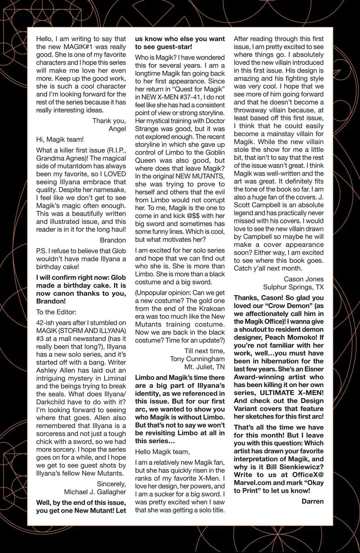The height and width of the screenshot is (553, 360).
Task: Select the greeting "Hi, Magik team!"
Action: point(60,140)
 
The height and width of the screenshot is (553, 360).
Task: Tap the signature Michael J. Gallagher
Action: point(95,492)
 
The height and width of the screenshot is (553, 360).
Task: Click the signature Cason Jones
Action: point(304,279)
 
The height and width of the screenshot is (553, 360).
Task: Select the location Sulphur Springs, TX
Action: point(293,287)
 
